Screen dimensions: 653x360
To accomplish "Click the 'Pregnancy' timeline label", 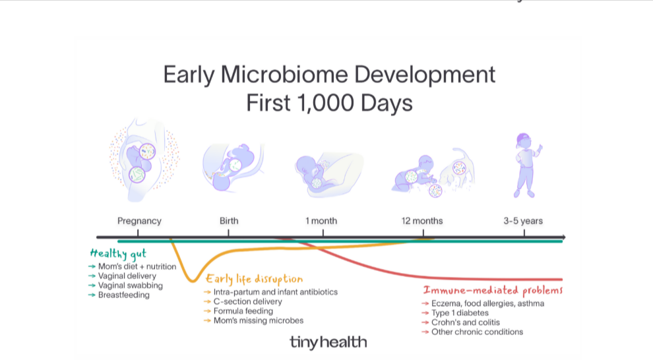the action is [x=139, y=221].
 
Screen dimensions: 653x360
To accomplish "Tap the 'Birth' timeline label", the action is [x=229, y=221].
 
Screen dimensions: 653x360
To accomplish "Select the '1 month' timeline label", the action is [x=321, y=221].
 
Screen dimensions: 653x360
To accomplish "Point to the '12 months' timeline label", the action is [x=422, y=221].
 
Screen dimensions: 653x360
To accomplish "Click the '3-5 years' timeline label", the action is [x=523, y=221].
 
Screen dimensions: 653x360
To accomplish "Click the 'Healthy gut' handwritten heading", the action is [x=118, y=254].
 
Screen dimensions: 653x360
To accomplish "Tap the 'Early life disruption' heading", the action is [x=255, y=279].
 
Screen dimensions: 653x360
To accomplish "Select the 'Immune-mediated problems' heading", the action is [x=493, y=290].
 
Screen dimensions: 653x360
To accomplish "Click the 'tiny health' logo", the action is [x=328, y=342].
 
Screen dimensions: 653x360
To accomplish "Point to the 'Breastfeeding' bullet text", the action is [x=124, y=295].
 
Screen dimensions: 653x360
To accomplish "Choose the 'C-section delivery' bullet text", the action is [x=248, y=302].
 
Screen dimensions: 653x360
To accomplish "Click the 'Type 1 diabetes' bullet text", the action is [x=460, y=313].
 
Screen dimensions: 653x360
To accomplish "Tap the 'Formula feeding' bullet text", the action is [x=243, y=311].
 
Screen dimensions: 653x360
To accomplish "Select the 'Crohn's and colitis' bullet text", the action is [x=466, y=322].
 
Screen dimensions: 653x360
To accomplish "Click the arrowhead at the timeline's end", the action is [x=563, y=237].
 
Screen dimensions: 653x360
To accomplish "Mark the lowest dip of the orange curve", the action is [x=193, y=282].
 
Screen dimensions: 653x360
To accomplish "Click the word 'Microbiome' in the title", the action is [x=284, y=75].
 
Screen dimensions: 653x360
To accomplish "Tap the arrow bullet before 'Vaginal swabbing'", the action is [x=92, y=285].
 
